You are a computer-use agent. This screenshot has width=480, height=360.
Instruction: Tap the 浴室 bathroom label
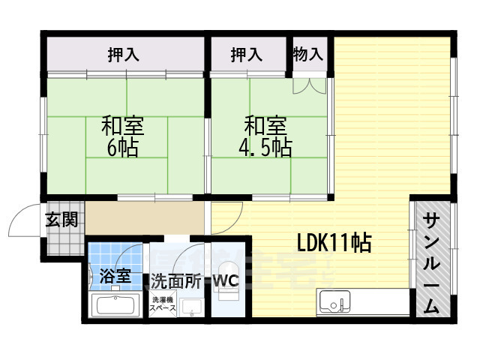(x=115, y=275)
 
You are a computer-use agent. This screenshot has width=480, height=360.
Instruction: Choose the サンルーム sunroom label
(x=431, y=262)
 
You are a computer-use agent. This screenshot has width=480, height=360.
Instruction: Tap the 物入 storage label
(x=308, y=54)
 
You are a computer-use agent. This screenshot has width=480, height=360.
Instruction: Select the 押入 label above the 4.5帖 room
(x=246, y=54)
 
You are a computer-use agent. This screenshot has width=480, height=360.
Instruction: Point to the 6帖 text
(x=123, y=148)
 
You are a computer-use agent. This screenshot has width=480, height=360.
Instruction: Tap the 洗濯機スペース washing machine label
(x=163, y=304)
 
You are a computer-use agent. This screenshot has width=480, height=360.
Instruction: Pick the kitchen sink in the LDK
(x=334, y=303)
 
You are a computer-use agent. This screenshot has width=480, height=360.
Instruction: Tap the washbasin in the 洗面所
(x=192, y=307)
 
